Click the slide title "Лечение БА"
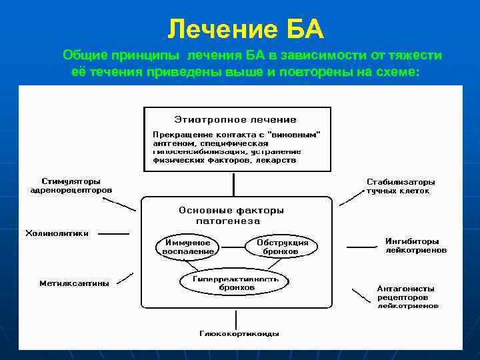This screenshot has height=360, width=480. [x=245, y=29]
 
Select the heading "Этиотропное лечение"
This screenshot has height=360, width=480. [x=235, y=119]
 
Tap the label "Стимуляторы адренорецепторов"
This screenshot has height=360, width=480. [x=71, y=185]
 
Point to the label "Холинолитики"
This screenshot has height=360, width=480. [x=57, y=233]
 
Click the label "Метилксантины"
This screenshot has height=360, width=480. [x=74, y=283]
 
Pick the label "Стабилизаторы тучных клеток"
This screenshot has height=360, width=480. [x=400, y=186]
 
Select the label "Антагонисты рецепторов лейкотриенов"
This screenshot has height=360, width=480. [x=407, y=297]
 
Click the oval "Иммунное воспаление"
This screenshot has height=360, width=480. [x=187, y=247]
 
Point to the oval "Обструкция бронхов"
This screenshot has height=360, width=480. [x=282, y=247]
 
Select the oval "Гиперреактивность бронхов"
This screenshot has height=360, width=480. [x=235, y=282]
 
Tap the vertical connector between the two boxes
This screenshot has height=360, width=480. [x=233, y=184]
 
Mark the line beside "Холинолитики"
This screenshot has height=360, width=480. [x=114, y=234]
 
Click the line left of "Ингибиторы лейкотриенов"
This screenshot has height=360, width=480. [x=361, y=247]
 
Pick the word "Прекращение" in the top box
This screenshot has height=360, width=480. [x=175, y=134]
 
